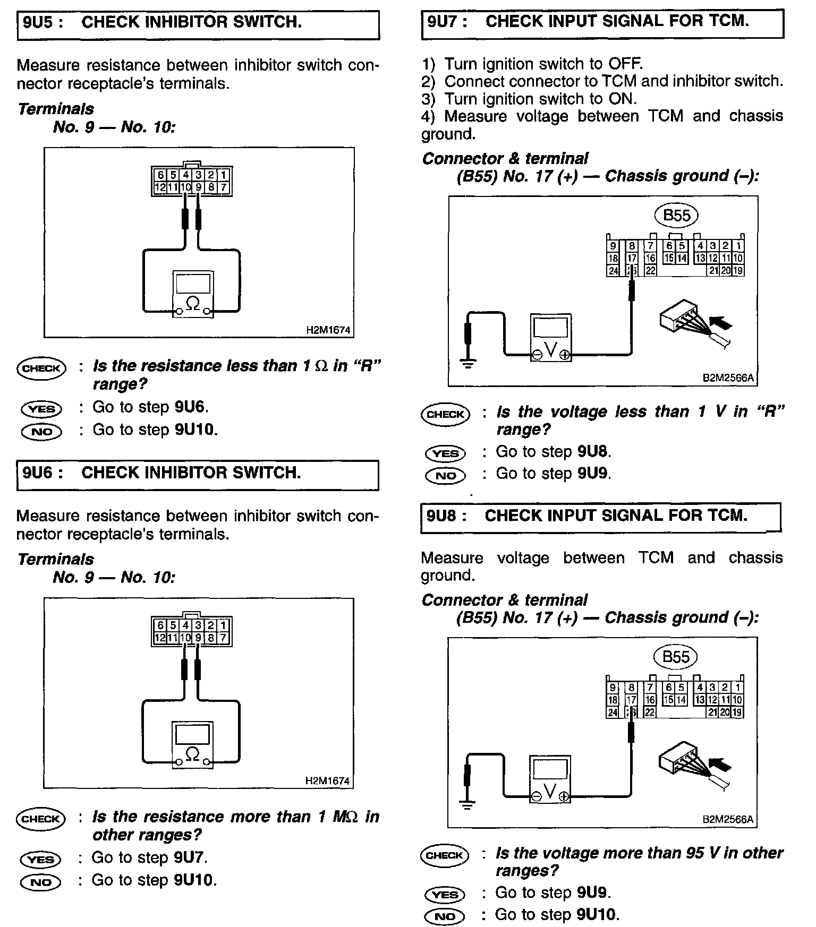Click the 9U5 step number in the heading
point(40,22)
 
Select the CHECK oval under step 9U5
point(41,368)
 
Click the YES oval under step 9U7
point(445,453)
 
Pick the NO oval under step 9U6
point(41,882)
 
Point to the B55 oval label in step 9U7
point(677,216)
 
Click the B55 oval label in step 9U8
point(676,657)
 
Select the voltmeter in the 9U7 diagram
point(551,338)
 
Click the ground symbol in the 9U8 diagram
point(467,805)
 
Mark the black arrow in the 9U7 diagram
point(720,322)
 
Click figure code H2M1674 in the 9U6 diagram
point(328,781)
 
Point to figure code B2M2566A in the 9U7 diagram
point(728,378)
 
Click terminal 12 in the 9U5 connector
point(159,187)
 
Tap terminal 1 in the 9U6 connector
point(224,625)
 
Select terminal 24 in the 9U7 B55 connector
point(613,271)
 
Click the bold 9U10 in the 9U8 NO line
point(597,914)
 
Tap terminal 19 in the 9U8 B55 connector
point(737,713)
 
